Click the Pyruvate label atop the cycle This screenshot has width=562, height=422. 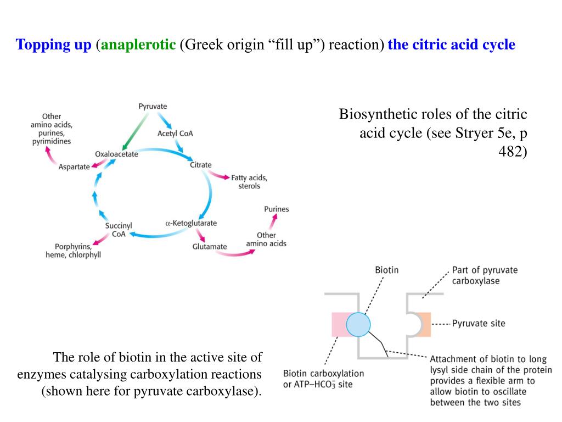(153, 106)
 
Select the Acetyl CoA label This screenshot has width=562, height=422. (175, 134)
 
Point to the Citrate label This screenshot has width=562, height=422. (200, 165)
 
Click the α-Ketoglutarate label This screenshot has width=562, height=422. (191, 223)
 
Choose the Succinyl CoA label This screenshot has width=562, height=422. (119, 230)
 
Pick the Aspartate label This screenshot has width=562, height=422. (74, 167)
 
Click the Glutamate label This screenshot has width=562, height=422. (209, 247)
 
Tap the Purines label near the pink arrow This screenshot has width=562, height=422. (276, 209)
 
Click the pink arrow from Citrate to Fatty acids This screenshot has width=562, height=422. (219, 175)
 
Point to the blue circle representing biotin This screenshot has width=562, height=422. (359, 324)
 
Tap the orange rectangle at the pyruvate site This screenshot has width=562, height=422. (424, 324)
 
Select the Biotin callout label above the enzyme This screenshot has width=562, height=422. (386, 270)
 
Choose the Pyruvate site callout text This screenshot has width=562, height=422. (478, 324)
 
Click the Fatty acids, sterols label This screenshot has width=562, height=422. (249, 182)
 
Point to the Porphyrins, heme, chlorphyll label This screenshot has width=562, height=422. (73, 251)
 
